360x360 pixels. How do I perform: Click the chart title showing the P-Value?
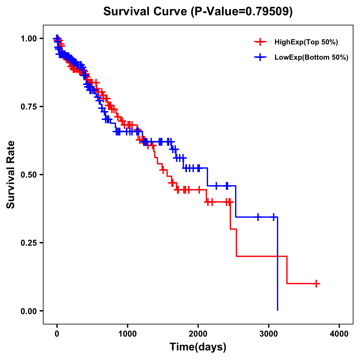(x=198, y=12)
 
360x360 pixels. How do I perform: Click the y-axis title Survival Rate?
(x=11, y=174)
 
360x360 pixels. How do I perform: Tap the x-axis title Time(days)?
(x=198, y=347)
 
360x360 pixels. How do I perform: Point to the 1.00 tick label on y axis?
(x=28, y=38)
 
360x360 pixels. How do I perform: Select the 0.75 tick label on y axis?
(x=28, y=106)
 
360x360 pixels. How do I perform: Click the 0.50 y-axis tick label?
(x=28, y=175)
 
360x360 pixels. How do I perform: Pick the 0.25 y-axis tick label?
(x=28, y=243)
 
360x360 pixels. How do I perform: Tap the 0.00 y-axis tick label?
(x=28, y=311)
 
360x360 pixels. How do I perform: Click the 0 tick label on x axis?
(x=57, y=334)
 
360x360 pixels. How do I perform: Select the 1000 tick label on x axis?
(x=127, y=334)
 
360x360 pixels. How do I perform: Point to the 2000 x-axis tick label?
(x=198, y=334)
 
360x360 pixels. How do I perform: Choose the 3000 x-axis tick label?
(x=269, y=334)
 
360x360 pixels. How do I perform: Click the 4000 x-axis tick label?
(x=339, y=334)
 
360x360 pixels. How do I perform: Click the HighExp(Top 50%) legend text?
(x=306, y=42)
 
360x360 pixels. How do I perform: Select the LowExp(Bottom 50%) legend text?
(x=311, y=57)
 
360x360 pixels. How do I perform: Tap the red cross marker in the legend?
(x=260, y=42)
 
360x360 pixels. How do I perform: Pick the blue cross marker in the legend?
(x=260, y=57)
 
